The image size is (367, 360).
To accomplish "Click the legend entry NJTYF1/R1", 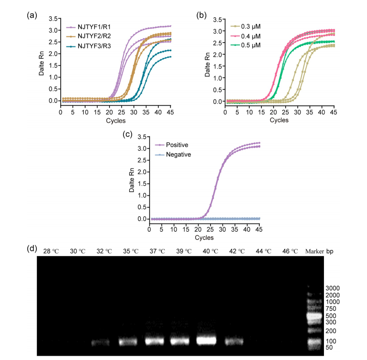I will click(x=94, y=28).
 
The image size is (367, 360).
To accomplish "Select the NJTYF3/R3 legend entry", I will click(x=94, y=46).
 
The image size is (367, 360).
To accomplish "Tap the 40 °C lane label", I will click(x=206, y=251).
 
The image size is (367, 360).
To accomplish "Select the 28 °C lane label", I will click(x=52, y=251).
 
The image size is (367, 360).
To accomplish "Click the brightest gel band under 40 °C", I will click(x=206, y=340).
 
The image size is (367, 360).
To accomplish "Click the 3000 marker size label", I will click(x=333, y=288).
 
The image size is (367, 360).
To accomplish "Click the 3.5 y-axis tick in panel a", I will click(x=53, y=19).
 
